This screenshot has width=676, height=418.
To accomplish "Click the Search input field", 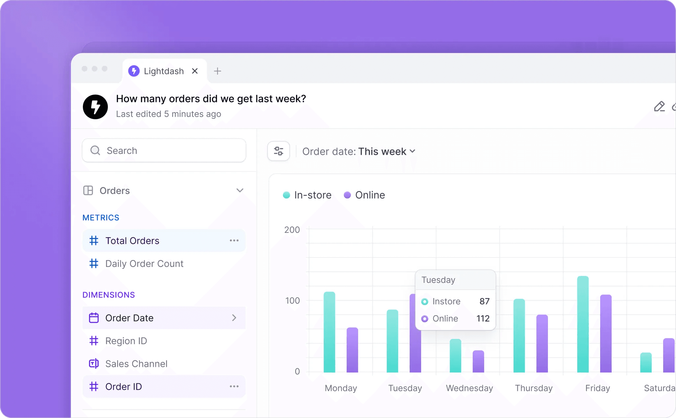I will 164,151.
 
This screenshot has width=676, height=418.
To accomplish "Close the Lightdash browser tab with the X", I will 195,71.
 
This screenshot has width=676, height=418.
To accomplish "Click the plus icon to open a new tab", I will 217,71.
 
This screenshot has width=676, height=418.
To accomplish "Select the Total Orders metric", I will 132,241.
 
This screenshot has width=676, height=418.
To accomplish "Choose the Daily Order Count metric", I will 144,264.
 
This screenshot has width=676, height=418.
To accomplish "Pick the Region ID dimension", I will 126,341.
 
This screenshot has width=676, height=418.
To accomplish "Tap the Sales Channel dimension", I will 136,364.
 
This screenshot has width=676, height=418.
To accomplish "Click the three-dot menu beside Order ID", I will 234,386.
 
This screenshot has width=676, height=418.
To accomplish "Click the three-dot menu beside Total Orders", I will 234,241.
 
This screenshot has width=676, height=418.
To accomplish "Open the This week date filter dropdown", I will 387,152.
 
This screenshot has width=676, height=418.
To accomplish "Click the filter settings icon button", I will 278,151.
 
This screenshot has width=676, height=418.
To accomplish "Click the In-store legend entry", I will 307,195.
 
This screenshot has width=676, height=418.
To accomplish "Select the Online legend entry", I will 364,195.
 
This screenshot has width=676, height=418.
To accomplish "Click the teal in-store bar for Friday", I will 583,325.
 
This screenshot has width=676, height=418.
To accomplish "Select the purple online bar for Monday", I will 352,350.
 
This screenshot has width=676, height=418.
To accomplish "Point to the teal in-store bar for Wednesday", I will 455,356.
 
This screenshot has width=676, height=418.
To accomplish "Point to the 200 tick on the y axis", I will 292,230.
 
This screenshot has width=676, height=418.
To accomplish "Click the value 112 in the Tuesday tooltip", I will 483,318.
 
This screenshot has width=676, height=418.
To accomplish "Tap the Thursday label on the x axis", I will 534,388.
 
